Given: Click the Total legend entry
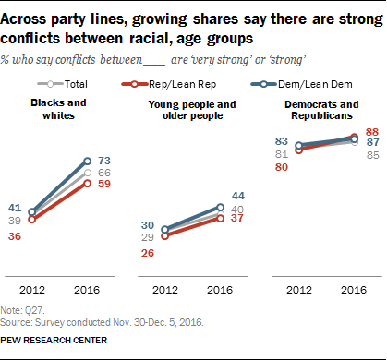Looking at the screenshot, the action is [62, 84].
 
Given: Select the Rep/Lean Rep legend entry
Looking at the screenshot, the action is [169, 84].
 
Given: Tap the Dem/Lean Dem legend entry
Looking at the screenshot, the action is [302, 84].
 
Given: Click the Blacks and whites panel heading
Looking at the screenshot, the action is [58, 109].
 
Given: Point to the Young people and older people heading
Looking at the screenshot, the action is [192, 110].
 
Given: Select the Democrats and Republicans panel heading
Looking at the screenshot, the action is [321, 110].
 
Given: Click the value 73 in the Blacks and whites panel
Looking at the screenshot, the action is [104, 161].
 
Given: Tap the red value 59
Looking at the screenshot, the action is [104, 184].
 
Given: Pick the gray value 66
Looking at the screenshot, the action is [104, 173].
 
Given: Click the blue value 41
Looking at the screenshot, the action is [15, 208].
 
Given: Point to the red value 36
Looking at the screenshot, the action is [15, 236].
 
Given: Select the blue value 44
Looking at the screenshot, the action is [238, 196].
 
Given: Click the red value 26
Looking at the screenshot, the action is [148, 253].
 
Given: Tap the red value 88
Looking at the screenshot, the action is [372, 132].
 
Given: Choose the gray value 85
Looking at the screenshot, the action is [372, 155].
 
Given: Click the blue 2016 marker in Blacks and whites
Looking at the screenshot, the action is [88, 161].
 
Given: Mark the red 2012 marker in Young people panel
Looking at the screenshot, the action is [165, 236].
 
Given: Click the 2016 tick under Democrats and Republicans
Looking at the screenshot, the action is [354, 290].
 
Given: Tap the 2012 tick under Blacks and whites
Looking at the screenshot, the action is [32, 290].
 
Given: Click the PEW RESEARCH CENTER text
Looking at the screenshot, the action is [54, 341].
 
